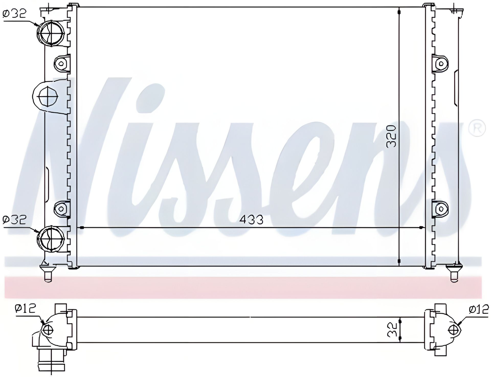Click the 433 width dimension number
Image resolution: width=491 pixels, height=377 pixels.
[x=252, y=219]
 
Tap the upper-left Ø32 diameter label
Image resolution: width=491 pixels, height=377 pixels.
[x=15, y=13]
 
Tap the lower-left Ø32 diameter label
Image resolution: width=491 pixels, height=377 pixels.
[x=15, y=220]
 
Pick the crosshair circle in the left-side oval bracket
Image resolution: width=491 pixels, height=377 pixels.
[x=48, y=96]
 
